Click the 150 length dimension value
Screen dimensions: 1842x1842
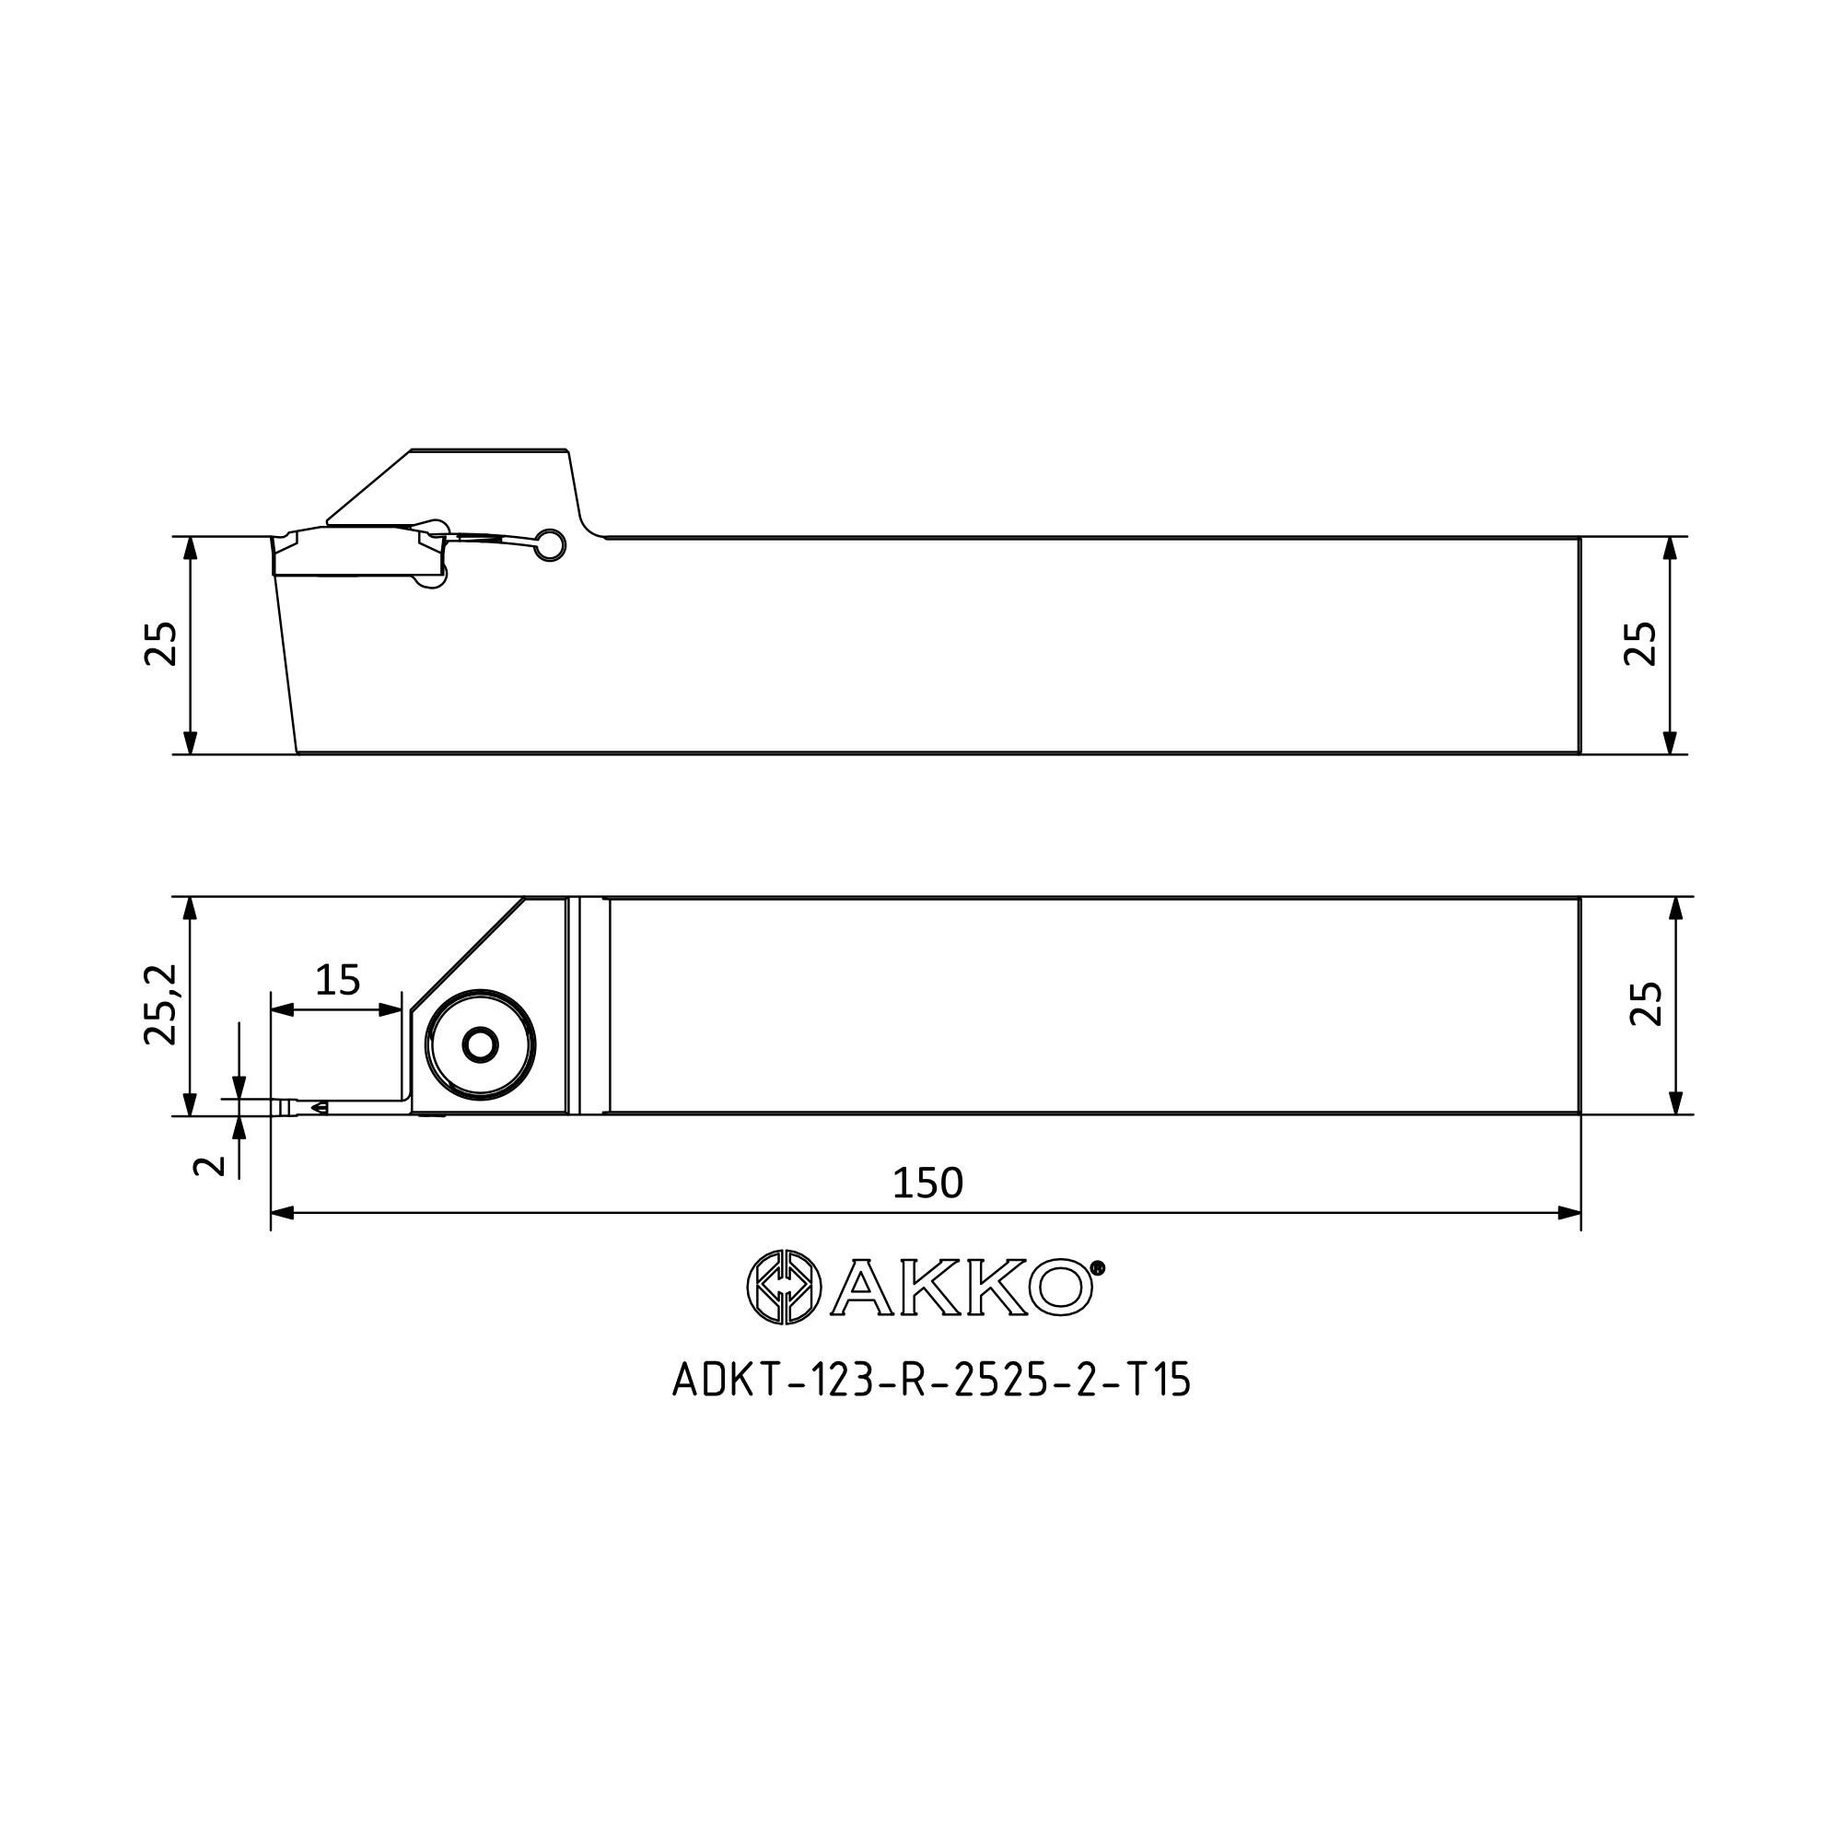click(x=927, y=1183)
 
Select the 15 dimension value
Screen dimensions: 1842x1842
click(x=337, y=979)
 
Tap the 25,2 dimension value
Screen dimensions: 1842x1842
click(x=160, y=1004)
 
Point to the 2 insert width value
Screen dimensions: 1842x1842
click(x=210, y=1165)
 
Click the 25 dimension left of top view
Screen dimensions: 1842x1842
click(x=160, y=644)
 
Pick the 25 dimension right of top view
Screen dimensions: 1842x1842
click(x=1641, y=644)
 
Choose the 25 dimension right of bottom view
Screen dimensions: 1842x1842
click(x=1647, y=1004)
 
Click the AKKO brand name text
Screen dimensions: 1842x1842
click(x=962, y=1288)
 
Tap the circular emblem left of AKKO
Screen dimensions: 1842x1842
click(x=784, y=1288)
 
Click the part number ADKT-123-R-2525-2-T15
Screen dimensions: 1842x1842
click(x=932, y=1380)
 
